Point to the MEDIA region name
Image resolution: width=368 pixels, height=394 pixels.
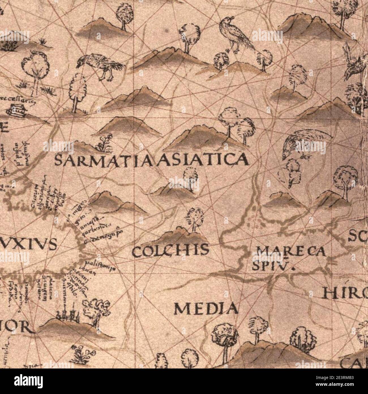(x=206, y=309)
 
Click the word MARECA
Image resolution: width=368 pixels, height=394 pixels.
(x=290, y=251)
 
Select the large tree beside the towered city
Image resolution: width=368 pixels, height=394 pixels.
(x=96, y=312)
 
